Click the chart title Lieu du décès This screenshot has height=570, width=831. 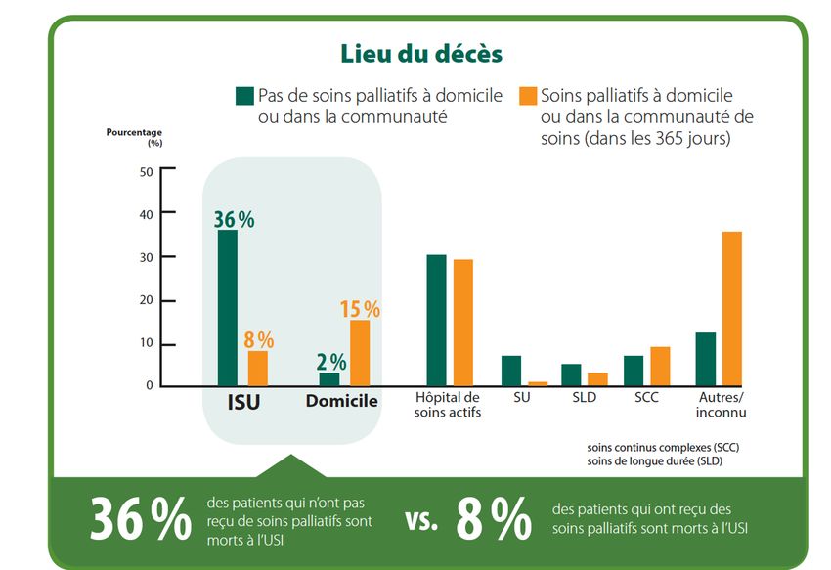(420, 52)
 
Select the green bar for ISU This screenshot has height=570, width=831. (227, 308)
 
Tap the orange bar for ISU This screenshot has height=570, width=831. (258, 368)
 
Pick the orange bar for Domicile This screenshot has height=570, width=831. (360, 353)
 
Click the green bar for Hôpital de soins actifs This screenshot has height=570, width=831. (436, 320)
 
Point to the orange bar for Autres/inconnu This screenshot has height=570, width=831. (732, 308)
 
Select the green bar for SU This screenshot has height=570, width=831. (511, 371)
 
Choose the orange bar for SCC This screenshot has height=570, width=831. (660, 366)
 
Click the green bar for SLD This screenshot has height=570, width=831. (571, 374)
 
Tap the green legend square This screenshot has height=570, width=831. (244, 96)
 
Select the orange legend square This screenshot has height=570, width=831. (528, 96)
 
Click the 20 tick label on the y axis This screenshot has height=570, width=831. (148, 300)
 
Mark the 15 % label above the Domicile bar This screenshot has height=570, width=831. (360, 309)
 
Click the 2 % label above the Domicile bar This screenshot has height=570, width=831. (330, 362)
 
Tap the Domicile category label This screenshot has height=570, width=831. (341, 401)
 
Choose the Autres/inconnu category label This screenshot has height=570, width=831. (722, 404)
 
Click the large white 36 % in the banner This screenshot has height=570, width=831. (141, 519)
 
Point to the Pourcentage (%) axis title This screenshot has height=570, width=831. (134, 136)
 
